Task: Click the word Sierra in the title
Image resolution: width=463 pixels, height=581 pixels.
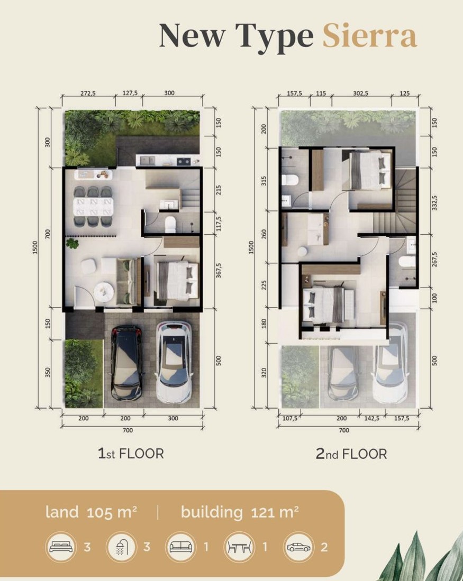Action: click(369, 36)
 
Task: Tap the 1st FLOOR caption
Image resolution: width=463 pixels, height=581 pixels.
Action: click(131, 453)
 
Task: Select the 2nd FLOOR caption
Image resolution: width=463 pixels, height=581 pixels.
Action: click(351, 454)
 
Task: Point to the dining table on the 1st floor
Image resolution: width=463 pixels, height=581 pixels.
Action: click(93, 205)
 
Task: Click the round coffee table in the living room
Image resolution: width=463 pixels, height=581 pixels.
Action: click(104, 291)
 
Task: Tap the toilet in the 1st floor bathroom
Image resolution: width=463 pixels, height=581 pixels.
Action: click(170, 225)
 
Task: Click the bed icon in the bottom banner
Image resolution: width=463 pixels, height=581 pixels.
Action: click(61, 547)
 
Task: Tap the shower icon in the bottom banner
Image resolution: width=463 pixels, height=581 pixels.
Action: click(121, 547)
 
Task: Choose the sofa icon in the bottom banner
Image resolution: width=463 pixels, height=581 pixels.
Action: click(180, 547)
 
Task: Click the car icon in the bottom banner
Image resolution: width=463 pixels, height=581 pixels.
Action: click(298, 547)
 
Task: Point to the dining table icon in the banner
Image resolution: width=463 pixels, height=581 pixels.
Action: click(239, 547)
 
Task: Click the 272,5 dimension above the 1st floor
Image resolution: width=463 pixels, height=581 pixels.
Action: click(88, 93)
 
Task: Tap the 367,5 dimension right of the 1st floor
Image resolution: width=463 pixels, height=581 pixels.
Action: click(215, 270)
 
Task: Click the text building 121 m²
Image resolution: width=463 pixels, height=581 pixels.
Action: click(240, 512)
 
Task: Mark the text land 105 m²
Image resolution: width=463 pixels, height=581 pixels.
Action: click(92, 512)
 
